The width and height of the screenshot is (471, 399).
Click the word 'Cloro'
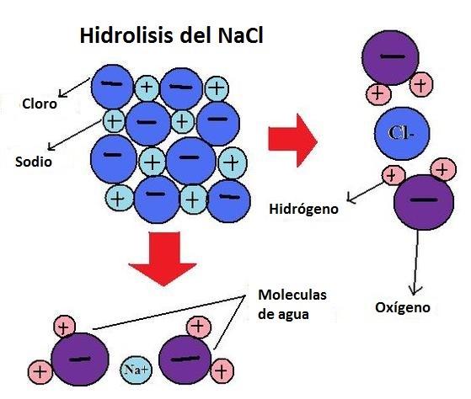point(39,105)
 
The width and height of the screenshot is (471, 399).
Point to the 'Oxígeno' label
point(403,308)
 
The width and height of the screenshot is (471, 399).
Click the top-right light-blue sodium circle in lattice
point(217,86)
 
